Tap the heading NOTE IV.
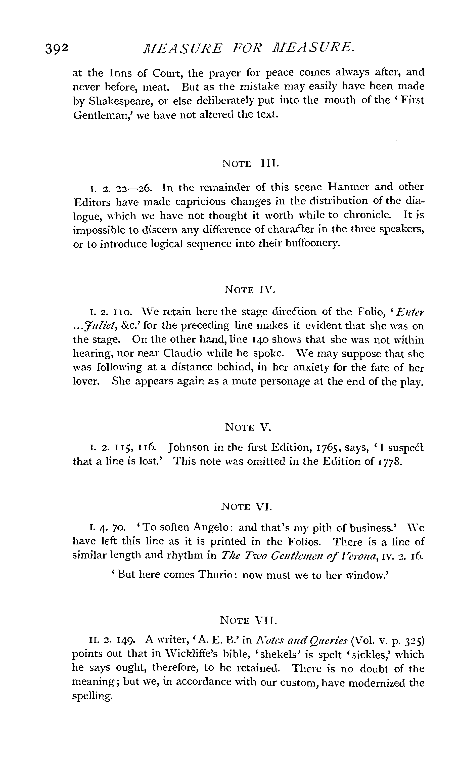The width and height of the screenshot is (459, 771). [x=249, y=290]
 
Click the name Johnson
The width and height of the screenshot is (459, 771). [x=189, y=448]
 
